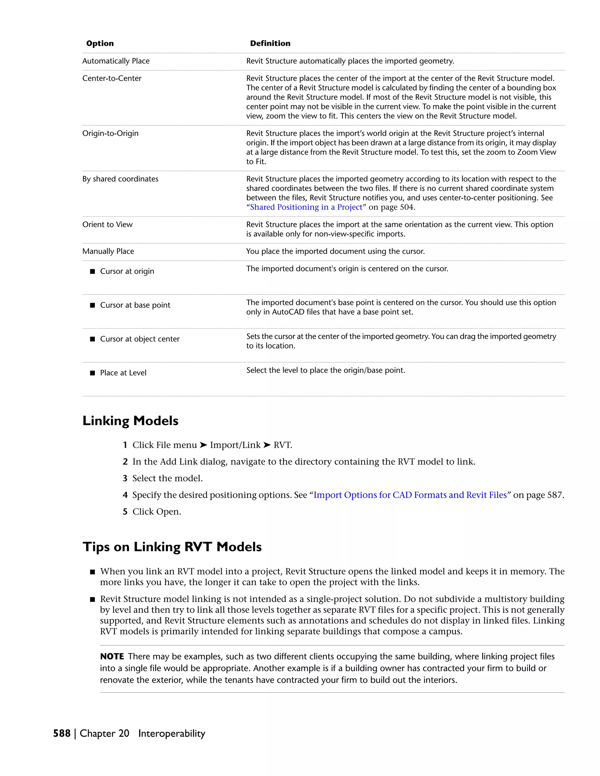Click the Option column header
point(100,43)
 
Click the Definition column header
point(270,43)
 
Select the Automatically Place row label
point(116,61)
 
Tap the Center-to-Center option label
point(112,78)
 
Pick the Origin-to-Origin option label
point(110,134)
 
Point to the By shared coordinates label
point(120,179)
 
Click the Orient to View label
point(107,225)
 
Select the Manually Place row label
point(108,252)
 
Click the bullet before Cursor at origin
point(92,271)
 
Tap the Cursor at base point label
point(135,305)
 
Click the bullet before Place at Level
point(92,373)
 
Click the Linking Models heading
point(130,421)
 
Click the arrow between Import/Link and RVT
point(267,445)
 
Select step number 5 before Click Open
point(125,512)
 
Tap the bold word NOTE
point(112,657)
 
